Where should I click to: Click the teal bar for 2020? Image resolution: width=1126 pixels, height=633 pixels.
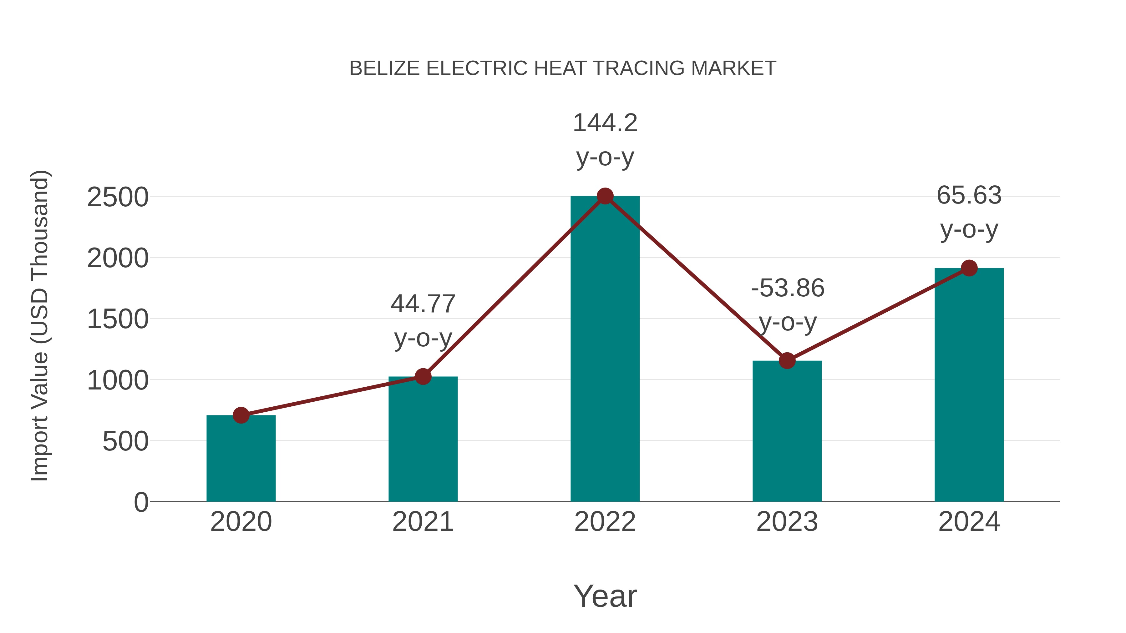tap(241, 458)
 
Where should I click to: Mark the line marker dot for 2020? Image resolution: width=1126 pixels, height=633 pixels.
tap(241, 415)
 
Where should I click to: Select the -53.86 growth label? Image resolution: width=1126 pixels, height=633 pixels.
tap(787, 288)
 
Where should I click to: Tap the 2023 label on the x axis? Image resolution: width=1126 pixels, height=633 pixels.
tap(787, 522)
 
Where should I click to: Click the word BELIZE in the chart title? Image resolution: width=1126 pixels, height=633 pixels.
tap(385, 68)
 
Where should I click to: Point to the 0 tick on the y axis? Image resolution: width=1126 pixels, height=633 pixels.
tap(141, 502)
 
